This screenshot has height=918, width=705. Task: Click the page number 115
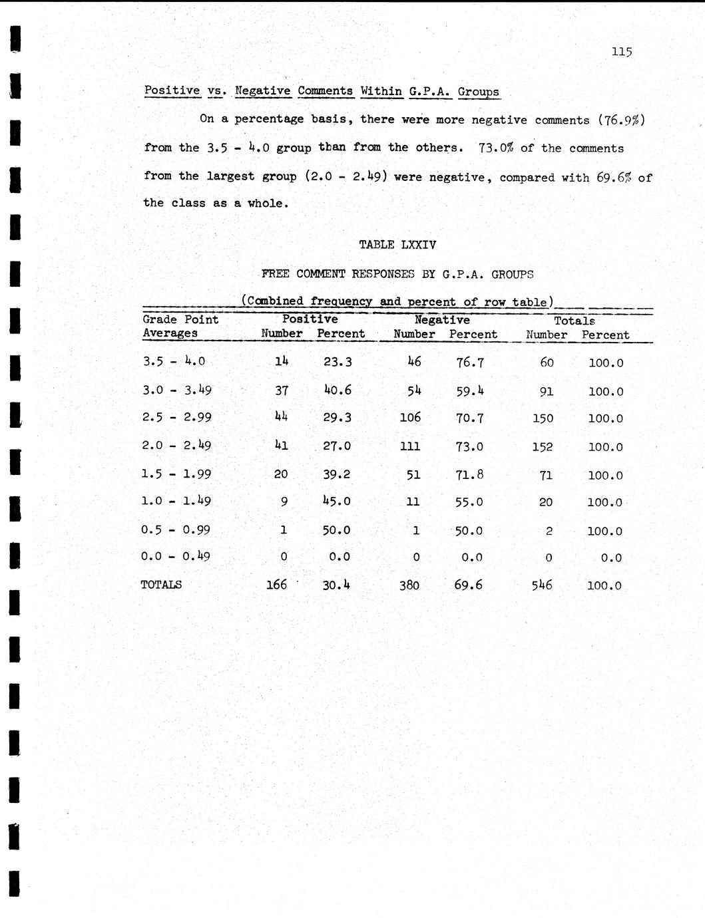621,52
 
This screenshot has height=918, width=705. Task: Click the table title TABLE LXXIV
397,245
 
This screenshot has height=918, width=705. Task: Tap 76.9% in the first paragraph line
621,120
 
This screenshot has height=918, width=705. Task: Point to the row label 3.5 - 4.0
174,361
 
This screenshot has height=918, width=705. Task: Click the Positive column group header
310,319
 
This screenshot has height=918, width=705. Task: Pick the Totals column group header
575,321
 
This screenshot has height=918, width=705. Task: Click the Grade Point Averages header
180,326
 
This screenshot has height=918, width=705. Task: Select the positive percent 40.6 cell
337,390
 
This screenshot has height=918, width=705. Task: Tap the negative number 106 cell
410,418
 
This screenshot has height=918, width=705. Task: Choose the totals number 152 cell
543,447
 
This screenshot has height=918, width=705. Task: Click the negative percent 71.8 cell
469,474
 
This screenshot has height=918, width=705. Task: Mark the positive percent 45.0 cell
336,501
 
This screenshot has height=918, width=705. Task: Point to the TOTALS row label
161,585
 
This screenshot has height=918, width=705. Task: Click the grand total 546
542,585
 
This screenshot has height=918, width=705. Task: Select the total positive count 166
276,585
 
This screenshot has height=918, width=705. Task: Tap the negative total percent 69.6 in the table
468,585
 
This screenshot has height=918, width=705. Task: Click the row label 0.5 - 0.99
175,530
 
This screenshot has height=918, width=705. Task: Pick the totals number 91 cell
546,391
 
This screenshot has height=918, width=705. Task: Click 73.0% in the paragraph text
496,148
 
